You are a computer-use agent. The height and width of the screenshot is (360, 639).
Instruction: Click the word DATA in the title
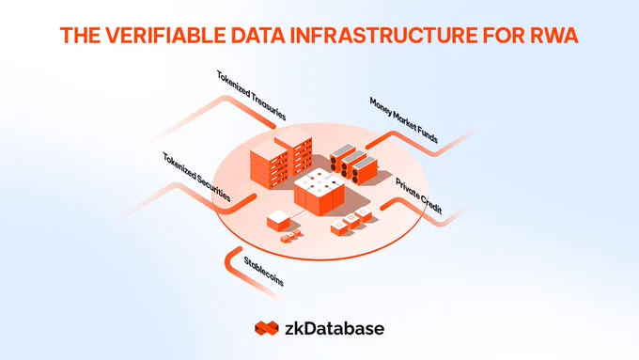pyautogui.click(x=258, y=35)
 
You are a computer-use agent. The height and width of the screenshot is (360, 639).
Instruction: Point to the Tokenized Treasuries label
pyautogui.click(x=251, y=95)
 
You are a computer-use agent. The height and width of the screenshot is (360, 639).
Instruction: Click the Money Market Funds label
pyautogui.click(x=404, y=120)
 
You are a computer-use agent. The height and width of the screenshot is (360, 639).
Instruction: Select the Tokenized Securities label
pyautogui.click(x=196, y=177)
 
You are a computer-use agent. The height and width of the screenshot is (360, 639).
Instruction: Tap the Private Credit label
pyautogui.click(x=419, y=196)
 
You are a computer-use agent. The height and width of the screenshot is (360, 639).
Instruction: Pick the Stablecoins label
pyautogui.click(x=264, y=271)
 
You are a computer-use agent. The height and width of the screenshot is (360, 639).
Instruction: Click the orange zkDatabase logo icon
pyautogui.click(x=267, y=328)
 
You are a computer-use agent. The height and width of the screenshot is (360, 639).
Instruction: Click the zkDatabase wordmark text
pyautogui.click(x=335, y=329)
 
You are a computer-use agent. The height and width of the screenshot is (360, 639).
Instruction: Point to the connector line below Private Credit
pyautogui.click(x=424, y=212)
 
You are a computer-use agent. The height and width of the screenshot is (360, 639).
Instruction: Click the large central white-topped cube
pyautogui.click(x=319, y=193)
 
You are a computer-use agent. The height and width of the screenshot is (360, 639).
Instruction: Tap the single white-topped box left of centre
pyautogui.click(x=278, y=221)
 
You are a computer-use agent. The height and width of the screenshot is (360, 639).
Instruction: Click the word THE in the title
pyautogui.click(x=80, y=35)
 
